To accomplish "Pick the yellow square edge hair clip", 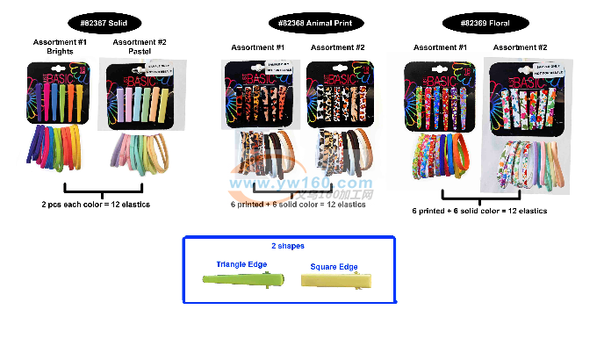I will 337,279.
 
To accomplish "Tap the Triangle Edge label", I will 241,264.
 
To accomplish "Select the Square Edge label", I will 335,266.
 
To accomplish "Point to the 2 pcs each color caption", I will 96,205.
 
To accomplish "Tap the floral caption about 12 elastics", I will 479,211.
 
